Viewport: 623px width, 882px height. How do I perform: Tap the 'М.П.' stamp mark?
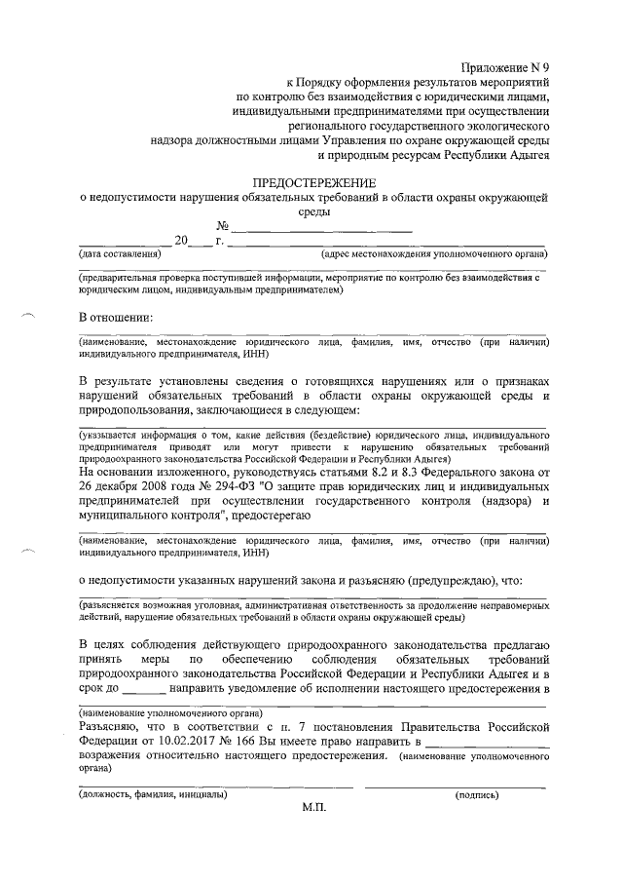314,808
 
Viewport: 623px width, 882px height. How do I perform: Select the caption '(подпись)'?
477,795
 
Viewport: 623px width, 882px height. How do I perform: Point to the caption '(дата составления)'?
119,253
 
